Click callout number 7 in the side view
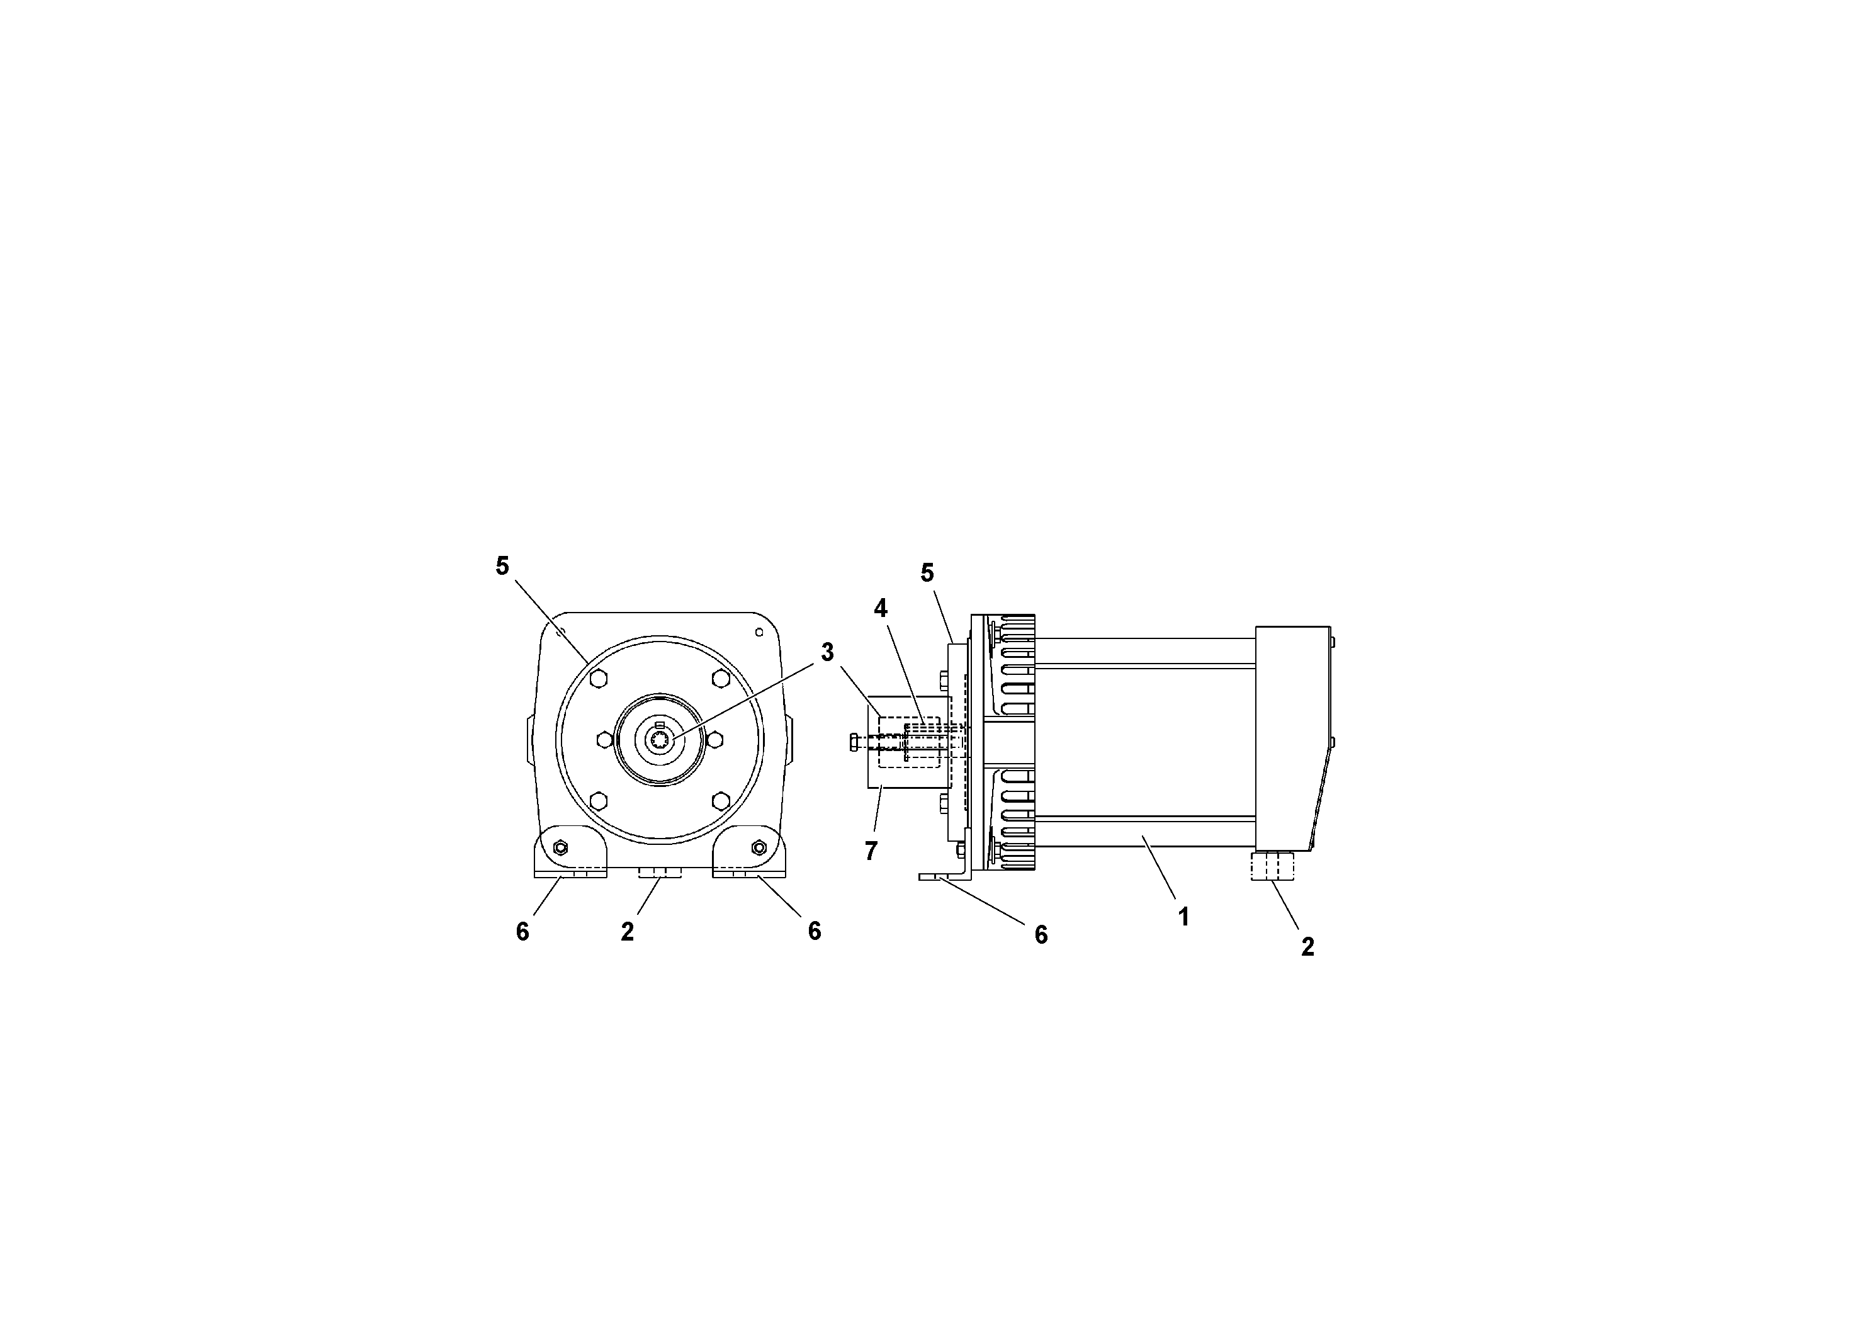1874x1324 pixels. [x=871, y=851]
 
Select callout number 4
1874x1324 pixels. [x=880, y=608]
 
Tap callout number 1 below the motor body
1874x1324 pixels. [x=1183, y=917]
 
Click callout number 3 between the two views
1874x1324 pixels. [x=828, y=652]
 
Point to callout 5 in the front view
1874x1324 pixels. [x=502, y=566]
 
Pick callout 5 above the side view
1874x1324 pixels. [x=927, y=573]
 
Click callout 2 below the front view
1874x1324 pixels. [x=627, y=931]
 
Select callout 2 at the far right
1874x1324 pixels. [x=1307, y=947]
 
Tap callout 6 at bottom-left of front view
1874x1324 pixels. [x=522, y=931]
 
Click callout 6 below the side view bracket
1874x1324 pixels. [x=1041, y=936]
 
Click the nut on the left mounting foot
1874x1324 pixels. [x=560, y=847]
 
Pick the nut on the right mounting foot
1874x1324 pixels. [x=759, y=847]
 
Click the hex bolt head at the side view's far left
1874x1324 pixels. [x=854, y=742]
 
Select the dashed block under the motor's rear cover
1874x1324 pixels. [x=1272, y=865]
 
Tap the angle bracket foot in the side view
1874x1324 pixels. [x=947, y=876]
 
